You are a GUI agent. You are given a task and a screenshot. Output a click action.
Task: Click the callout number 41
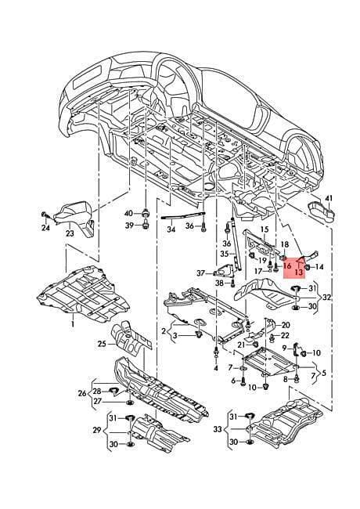329,197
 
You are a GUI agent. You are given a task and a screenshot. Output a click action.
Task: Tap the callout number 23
70,233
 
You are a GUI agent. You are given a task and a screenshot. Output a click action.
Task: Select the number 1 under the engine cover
73,324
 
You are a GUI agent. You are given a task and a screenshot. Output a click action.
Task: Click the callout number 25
102,343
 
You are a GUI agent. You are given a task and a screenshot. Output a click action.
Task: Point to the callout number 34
171,229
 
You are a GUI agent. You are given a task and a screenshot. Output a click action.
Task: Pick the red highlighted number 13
299,272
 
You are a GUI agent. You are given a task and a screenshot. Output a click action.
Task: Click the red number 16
287,266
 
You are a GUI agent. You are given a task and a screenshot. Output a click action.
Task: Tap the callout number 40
129,213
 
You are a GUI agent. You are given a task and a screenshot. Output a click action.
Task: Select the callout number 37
201,273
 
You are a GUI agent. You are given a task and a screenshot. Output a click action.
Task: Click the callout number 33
218,429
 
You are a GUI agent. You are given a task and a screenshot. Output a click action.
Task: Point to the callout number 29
97,430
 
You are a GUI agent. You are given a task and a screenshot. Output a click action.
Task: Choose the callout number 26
82,393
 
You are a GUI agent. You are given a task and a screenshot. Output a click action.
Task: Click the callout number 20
286,325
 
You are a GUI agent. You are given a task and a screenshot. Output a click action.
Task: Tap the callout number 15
265,229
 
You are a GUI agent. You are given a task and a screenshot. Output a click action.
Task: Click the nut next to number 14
307,267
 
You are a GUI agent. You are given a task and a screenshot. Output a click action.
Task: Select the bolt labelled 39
145,224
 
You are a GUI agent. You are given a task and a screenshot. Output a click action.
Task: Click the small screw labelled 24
44,215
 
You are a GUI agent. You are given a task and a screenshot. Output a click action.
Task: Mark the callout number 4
216,368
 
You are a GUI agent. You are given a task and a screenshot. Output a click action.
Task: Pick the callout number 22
285,335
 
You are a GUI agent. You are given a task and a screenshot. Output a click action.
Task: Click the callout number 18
284,244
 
